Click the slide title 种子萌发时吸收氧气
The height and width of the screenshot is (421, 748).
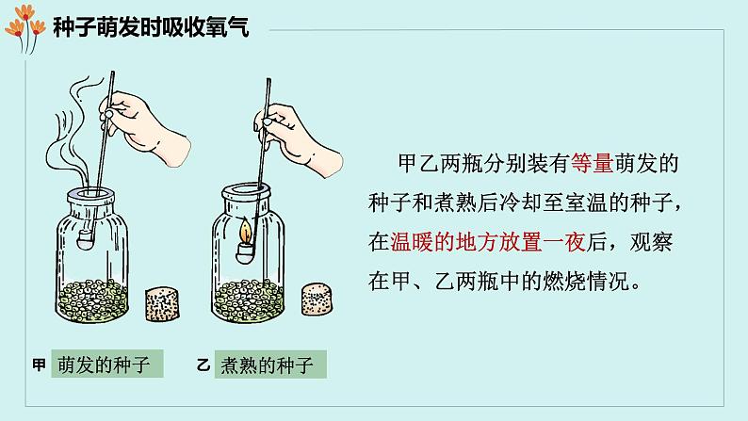[x=151, y=27]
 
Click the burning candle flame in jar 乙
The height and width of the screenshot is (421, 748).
[x=246, y=231]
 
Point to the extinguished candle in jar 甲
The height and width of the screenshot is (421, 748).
[x=86, y=238]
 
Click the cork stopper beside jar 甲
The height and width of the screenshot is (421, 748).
[x=162, y=303]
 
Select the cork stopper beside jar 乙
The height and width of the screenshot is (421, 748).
[x=317, y=299]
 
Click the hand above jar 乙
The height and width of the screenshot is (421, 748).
[x=298, y=138]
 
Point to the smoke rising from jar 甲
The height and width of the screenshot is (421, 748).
[x=72, y=138]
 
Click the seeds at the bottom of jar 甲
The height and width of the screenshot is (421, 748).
[x=92, y=300]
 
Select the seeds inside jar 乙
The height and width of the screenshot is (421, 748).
[x=248, y=300]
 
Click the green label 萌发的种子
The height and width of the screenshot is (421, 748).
[x=107, y=364]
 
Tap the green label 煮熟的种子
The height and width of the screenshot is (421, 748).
[x=270, y=364]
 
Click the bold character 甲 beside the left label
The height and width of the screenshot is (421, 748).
[x=40, y=364]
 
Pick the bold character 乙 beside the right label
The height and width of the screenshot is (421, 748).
[x=203, y=365]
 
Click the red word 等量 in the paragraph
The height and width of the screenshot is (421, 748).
[x=592, y=164]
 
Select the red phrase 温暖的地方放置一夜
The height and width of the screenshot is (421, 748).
[x=488, y=242]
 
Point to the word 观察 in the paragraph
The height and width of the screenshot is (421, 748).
[x=651, y=242]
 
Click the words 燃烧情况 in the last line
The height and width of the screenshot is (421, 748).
[x=586, y=282]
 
